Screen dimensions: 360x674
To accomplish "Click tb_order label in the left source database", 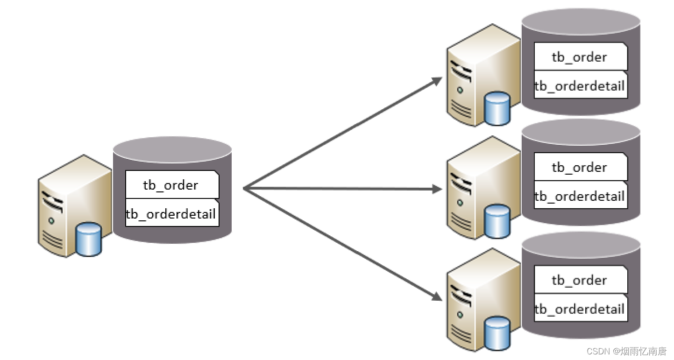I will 171,185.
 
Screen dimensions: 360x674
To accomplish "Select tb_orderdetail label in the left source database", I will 171,214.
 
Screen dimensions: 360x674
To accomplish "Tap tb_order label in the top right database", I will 580,57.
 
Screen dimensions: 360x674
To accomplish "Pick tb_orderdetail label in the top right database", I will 580,85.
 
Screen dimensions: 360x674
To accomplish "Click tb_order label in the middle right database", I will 580,167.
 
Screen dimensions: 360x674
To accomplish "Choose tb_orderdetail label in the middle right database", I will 580,196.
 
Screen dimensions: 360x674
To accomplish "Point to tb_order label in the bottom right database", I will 580,280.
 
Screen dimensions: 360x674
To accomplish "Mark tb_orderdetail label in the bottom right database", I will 580,309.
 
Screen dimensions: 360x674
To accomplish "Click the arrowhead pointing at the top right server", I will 437,81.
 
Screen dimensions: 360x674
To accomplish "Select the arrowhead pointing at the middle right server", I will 437,189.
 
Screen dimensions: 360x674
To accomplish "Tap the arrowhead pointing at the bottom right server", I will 437,296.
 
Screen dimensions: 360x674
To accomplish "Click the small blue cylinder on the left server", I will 88,240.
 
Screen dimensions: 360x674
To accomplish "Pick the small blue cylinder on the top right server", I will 497,109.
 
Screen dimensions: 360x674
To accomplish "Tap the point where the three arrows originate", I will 244,189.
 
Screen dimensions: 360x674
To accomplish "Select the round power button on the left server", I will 51,220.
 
